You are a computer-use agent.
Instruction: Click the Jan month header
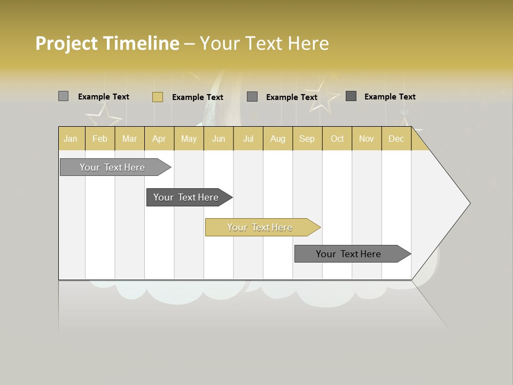tap(71, 139)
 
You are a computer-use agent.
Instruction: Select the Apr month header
tap(159, 139)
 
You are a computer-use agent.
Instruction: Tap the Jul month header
tap(248, 139)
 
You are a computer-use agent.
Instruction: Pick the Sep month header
tap(307, 139)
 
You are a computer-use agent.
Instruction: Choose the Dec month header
tap(396, 139)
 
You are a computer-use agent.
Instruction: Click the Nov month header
tap(366, 139)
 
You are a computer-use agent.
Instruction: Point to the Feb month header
tap(100, 139)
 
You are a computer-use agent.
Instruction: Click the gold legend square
tap(157, 97)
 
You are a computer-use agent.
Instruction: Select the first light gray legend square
tap(63, 96)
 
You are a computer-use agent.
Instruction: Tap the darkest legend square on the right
tap(351, 96)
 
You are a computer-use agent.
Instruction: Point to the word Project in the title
tap(67, 43)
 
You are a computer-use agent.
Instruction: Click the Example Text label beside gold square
tap(197, 97)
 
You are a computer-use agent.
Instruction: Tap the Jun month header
tap(219, 139)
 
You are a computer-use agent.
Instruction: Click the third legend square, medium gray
tap(252, 97)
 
